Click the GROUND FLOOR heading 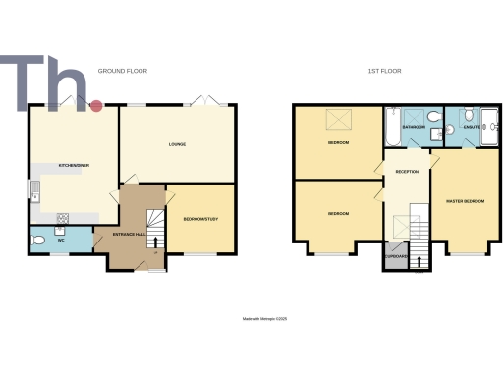tap(122, 71)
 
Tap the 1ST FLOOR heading tap(385, 71)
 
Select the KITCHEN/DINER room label tap(75, 165)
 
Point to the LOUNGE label tap(177, 145)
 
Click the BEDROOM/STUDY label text tap(200, 219)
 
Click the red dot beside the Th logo tap(96, 105)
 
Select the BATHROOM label tap(414, 127)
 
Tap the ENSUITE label tap(472, 127)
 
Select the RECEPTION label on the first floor tap(407, 171)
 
